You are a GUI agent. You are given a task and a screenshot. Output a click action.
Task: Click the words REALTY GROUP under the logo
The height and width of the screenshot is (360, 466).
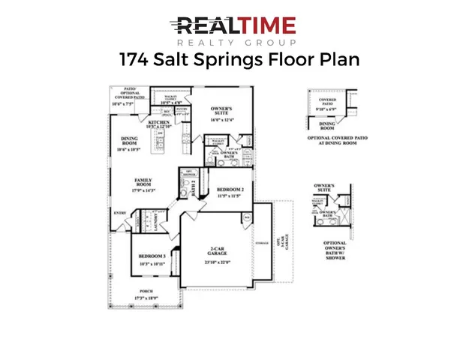(x=233, y=43)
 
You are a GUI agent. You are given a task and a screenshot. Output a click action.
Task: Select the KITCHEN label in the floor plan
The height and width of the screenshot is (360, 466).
(x=159, y=122)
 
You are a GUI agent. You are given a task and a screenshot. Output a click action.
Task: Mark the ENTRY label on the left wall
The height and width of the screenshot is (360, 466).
(x=120, y=213)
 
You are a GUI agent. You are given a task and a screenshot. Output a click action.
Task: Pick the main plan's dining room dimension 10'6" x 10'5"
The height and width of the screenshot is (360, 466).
(x=130, y=150)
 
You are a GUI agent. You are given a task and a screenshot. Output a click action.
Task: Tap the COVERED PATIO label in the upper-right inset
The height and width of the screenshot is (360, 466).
(x=328, y=102)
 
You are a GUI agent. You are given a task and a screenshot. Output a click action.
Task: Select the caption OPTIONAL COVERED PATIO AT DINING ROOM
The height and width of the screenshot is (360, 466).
(x=335, y=142)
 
